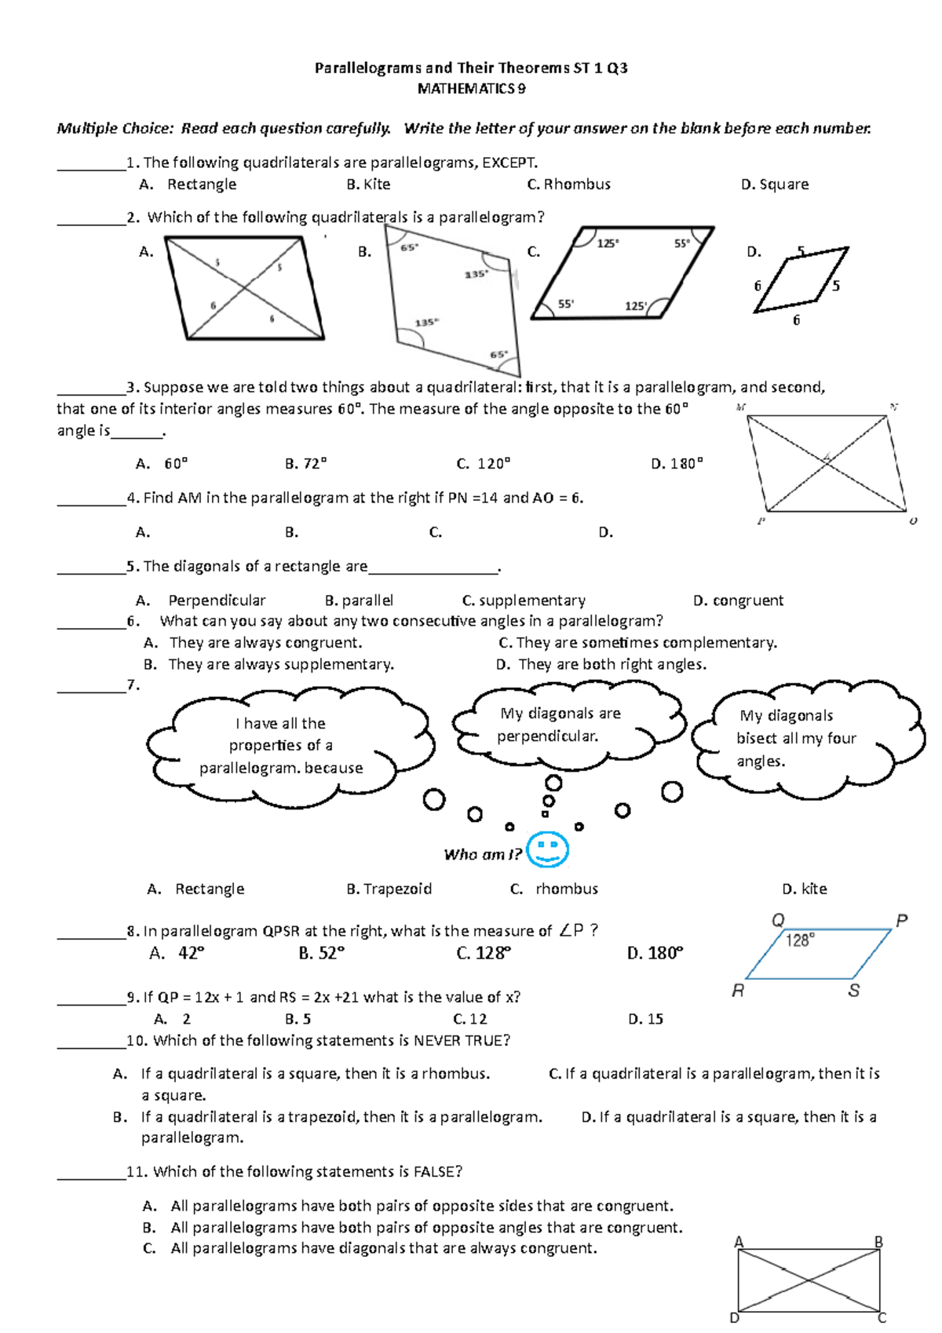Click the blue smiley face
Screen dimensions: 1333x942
[547, 849]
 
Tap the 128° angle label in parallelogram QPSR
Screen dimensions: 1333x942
[800, 940]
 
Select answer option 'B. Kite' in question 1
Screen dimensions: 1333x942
[368, 184]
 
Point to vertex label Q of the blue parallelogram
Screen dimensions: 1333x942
[778, 920]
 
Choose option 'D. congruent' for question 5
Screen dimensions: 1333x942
[738, 601]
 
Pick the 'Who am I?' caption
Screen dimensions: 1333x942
[482, 854]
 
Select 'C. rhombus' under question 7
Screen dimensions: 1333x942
[554, 889]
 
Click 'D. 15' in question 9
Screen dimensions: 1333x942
[645, 1019]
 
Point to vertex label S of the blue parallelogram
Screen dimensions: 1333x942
[853, 991]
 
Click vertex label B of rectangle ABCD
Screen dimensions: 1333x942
[879, 1242]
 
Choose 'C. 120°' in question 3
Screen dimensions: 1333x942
[483, 464]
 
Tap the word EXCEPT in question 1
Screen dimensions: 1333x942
[509, 163]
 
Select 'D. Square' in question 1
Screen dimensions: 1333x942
[775, 184]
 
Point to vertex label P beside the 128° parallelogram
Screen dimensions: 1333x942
[901, 920]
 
